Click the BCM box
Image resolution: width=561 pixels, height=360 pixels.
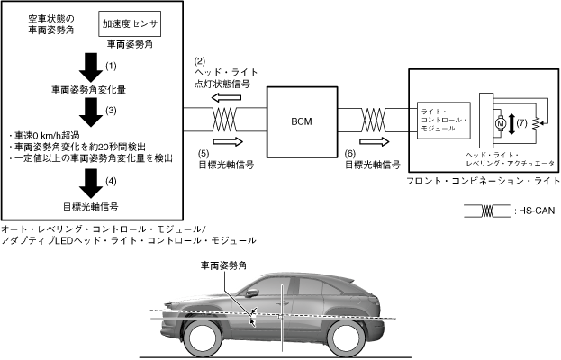click(302, 119)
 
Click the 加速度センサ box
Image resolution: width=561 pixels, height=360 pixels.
click(131, 24)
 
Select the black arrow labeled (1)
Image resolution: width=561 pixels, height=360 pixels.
click(89, 66)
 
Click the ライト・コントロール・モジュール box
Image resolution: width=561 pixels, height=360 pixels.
click(443, 120)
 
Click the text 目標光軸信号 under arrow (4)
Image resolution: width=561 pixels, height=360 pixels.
click(90, 205)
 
